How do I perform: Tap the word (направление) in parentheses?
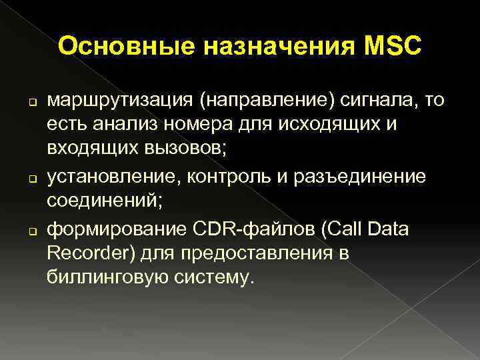pyautogui.click(x=257, y=101)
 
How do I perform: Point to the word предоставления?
pyautogui.click(x=261, y=253)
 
